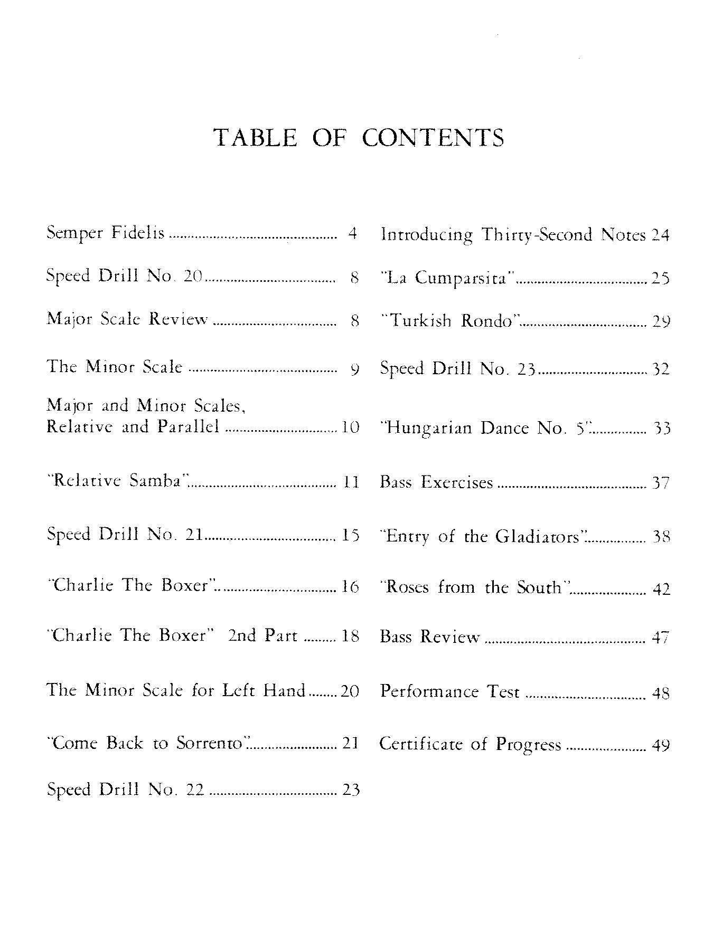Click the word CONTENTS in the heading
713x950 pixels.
433,138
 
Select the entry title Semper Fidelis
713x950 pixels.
106,233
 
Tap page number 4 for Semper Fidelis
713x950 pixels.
353,233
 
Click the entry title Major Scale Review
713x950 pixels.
127,319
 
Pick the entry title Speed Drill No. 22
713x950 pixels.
126,790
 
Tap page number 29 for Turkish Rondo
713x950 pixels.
660,321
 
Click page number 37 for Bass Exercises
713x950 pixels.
661,483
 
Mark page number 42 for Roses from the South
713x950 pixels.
661,588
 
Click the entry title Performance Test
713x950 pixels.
450,691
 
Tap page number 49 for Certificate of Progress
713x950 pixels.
661,745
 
